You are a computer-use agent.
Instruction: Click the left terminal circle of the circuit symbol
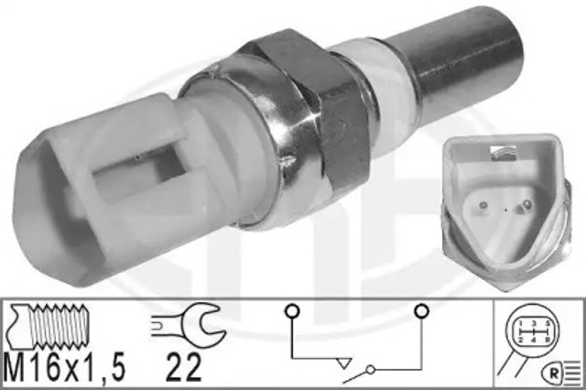coord(289,310)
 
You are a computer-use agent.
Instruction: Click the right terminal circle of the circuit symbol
coord(421,310)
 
